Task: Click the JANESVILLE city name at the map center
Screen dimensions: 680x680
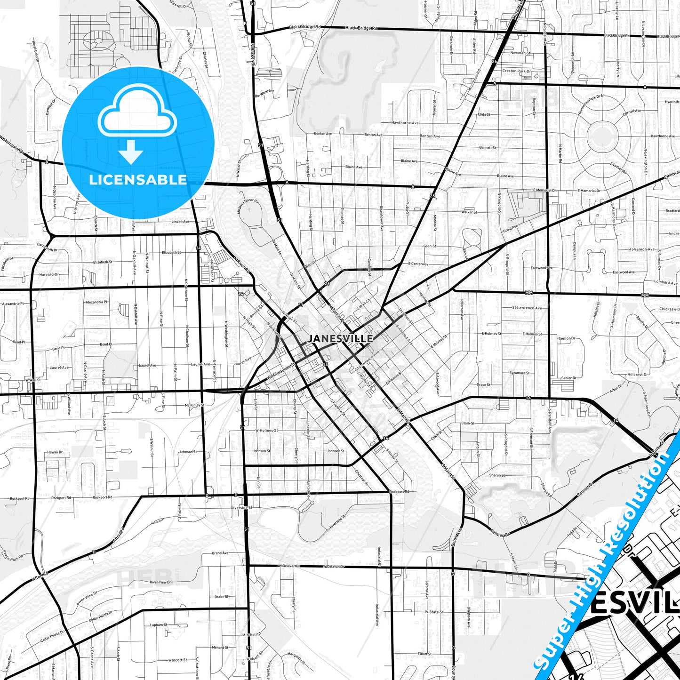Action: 340,338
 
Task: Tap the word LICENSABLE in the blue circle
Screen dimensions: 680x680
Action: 138,180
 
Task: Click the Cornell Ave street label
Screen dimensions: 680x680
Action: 632,112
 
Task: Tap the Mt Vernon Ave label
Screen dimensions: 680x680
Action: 641,249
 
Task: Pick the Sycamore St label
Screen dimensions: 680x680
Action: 519,373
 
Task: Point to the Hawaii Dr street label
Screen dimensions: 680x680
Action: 55,452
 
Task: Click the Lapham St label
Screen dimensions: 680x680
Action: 159,625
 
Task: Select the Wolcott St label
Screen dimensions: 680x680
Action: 177,660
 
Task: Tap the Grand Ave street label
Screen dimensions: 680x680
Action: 220,553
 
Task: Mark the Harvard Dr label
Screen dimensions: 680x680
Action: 49,274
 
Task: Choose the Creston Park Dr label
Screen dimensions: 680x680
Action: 517,71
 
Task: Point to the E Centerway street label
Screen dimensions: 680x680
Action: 418,264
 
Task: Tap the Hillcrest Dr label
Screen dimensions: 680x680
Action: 638,375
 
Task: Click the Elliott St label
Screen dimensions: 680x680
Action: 424,654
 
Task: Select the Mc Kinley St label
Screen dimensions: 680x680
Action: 194,405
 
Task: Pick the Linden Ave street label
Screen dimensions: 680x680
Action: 180,222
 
